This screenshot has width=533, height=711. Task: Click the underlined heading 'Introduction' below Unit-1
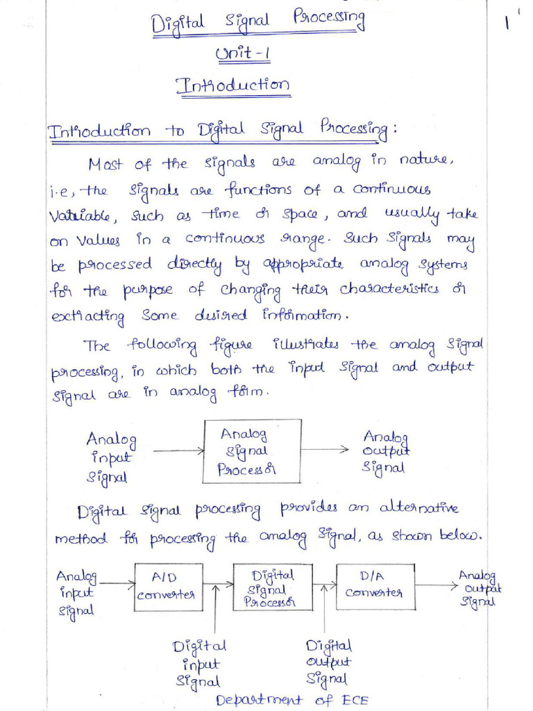[x=233, y=87]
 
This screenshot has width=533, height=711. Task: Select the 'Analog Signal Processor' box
[x=251, y=451]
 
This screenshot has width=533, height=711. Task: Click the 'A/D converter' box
[x=165, y=587]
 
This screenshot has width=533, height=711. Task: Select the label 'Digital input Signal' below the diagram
[x=200, y=664]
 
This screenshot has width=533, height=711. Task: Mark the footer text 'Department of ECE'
[x=291, y=699]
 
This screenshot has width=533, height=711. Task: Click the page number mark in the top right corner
[x=507, y=24]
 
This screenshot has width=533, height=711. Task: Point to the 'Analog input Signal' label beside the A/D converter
[x=78, y=593]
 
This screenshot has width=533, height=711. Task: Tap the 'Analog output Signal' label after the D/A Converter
[x=480, y=589]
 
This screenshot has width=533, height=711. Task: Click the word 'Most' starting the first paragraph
[x=105, y=164]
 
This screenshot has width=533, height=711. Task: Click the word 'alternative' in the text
[x=418, y=509]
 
